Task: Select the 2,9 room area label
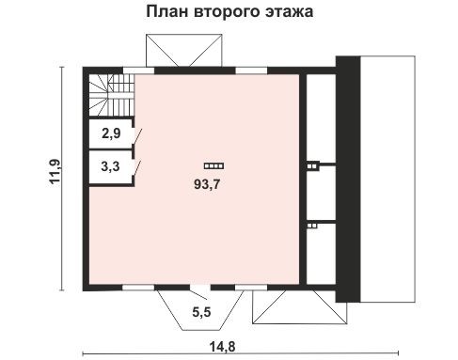point(110,134)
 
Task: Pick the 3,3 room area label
point(110,170)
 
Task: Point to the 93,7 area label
point(207,182)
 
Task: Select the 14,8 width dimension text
point(221,347)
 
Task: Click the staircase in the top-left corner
point(109,94)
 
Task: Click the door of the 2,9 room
point(138,139)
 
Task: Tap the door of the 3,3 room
point(138,169)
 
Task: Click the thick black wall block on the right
point(346,179)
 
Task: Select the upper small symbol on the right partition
point(313,165)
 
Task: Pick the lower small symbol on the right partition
point(313,225)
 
